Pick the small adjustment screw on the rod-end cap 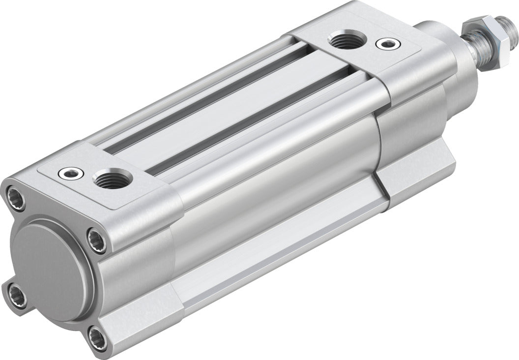[385, 44]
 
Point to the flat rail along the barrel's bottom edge [275, 256]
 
